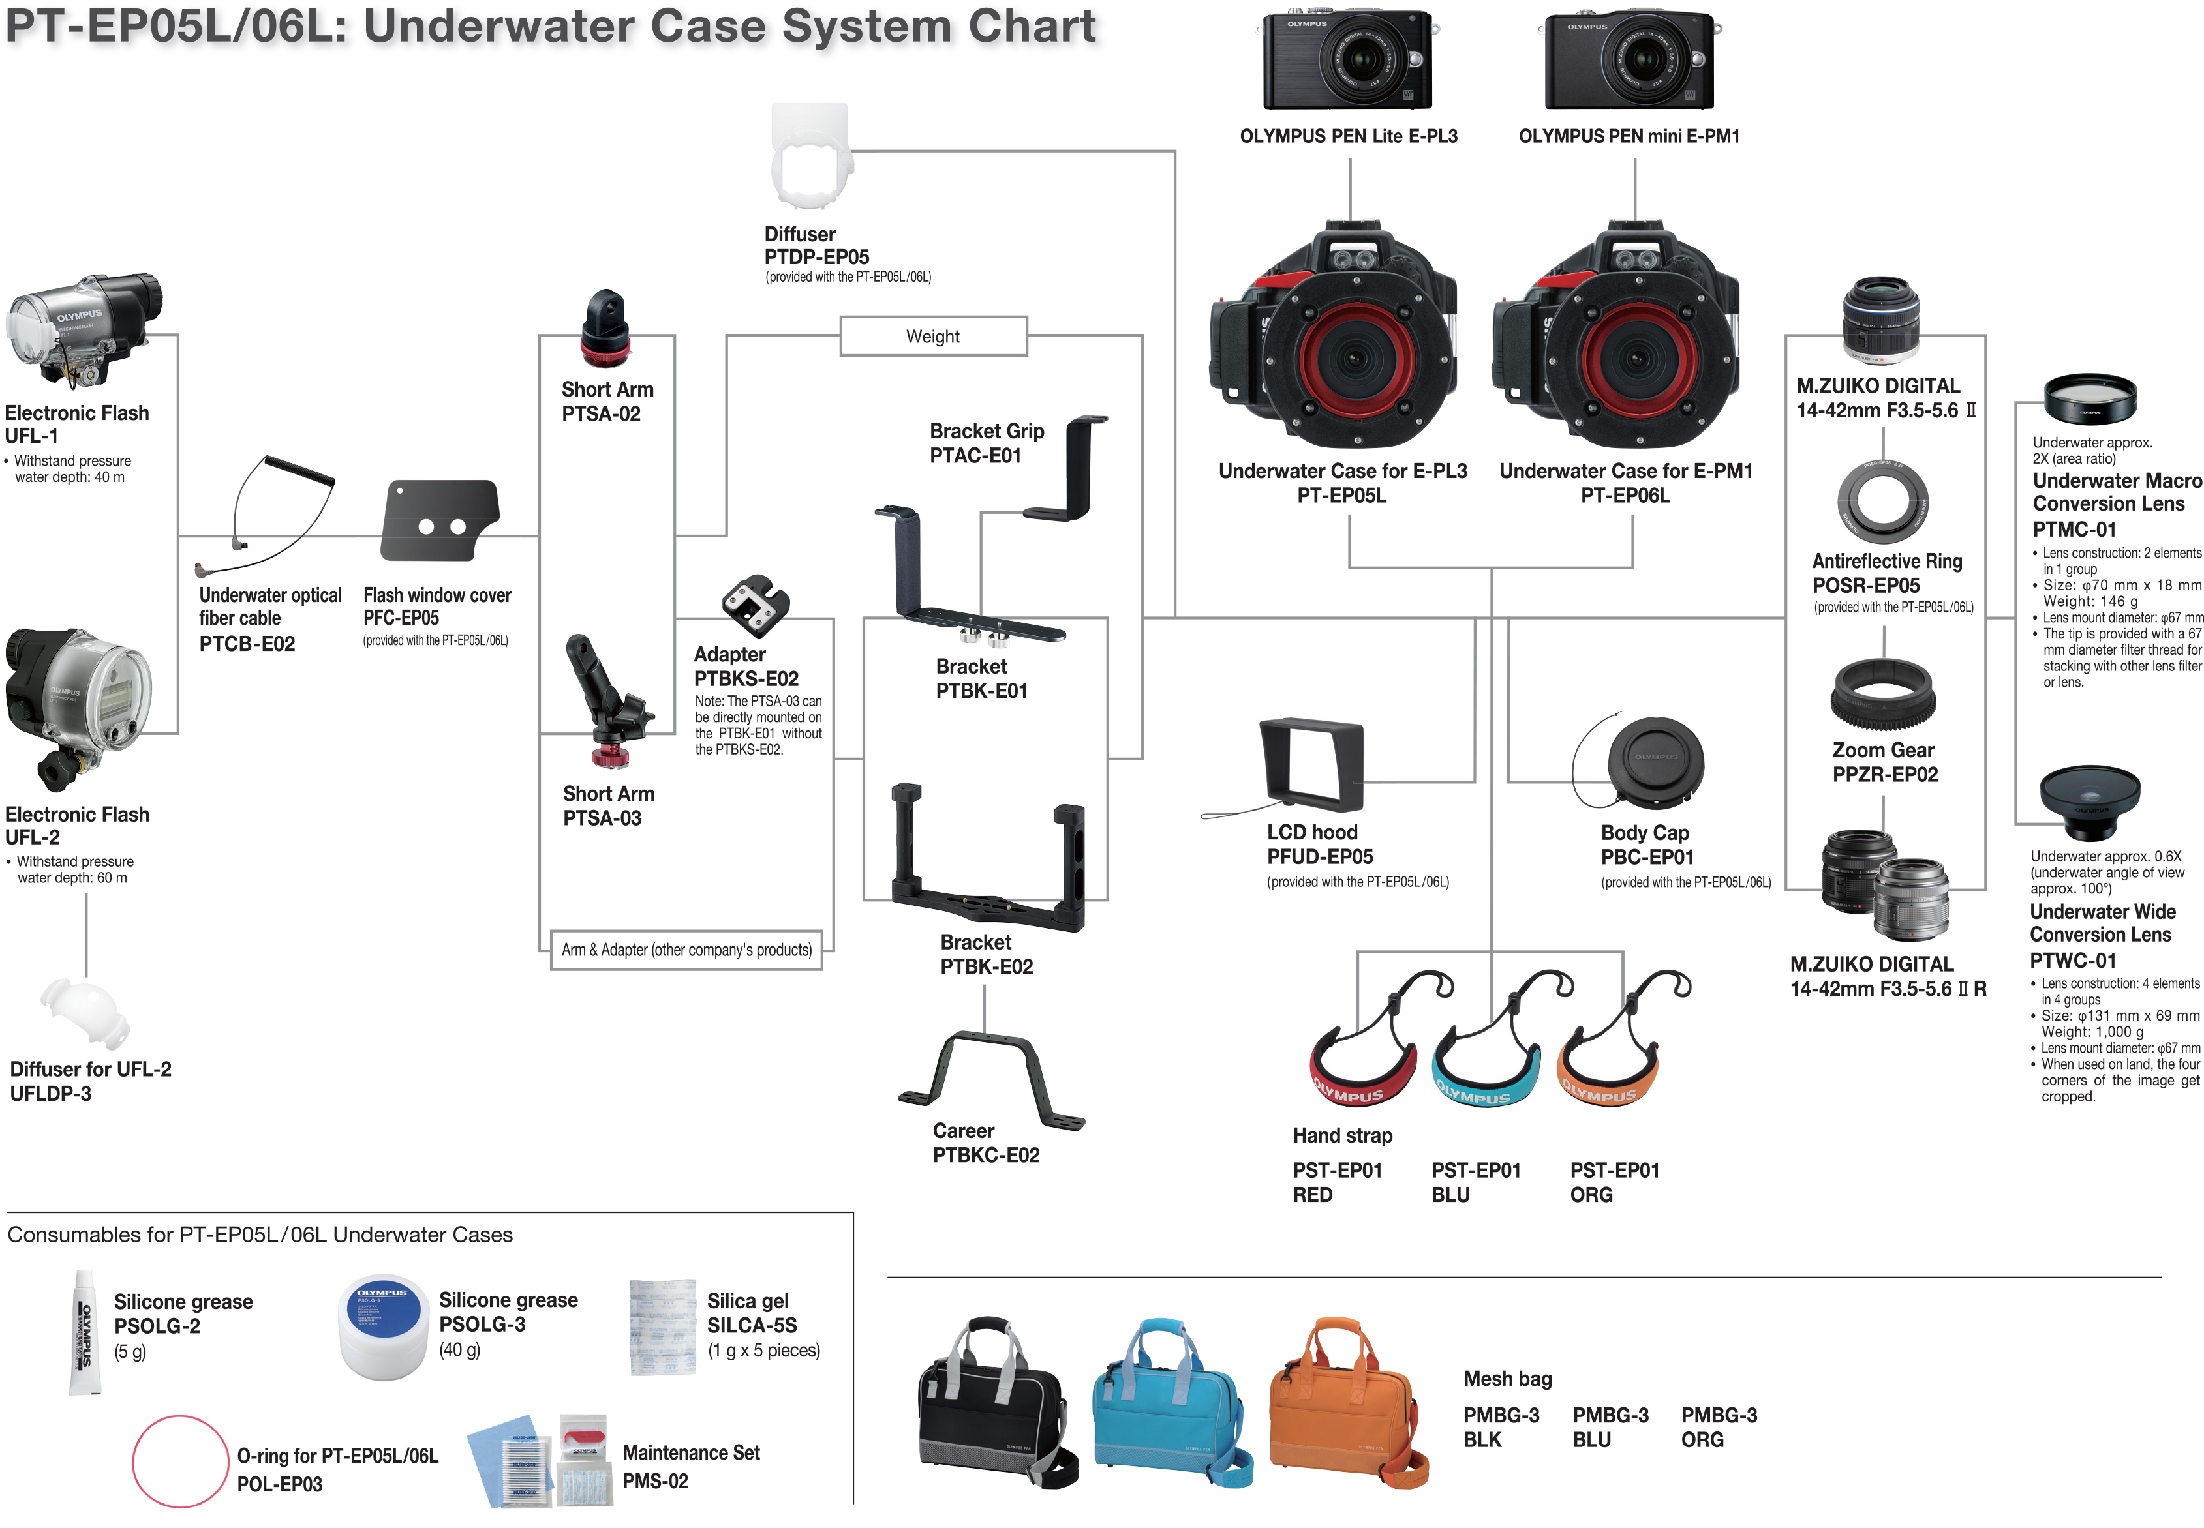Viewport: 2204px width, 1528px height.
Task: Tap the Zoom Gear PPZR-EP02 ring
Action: click(1882, 695)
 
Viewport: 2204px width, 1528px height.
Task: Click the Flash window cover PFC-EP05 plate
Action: click(440, 520)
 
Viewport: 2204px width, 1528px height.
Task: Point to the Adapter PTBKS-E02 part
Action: click(756, 605)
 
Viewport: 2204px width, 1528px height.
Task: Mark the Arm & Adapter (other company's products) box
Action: click(686, 950)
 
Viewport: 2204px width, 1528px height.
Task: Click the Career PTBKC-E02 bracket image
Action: click(990, 1080)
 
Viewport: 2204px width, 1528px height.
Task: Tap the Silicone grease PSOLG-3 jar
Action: click(383, 1326)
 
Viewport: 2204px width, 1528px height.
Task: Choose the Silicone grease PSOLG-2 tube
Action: click(84, 1333)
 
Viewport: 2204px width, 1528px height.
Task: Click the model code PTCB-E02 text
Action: click(247, 644)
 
